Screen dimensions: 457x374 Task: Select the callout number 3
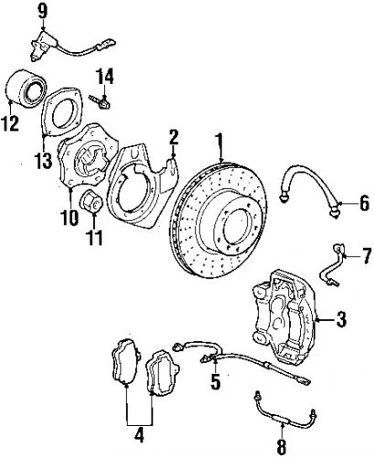(x=340, y=319)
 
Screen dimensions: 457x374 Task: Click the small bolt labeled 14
(x=104, y=100)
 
